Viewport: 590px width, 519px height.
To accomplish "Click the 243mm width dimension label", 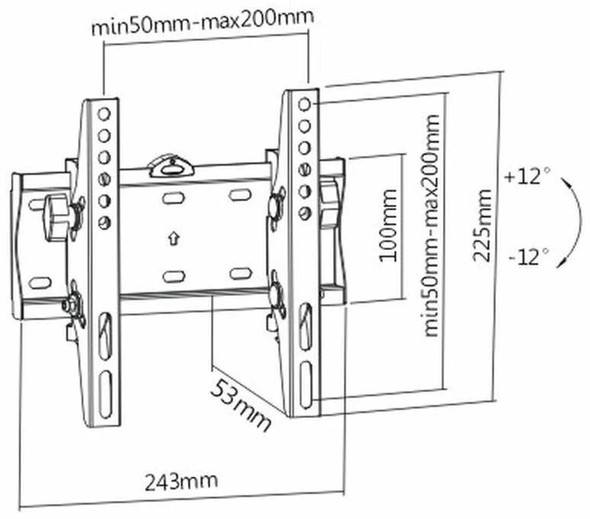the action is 181,482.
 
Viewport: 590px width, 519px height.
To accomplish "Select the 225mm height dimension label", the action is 482,226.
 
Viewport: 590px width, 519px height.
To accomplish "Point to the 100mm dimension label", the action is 388,226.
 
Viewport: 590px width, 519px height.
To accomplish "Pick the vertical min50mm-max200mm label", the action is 431,226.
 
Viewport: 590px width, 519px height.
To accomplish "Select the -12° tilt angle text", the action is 529,256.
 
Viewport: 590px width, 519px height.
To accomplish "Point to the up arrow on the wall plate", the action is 173,238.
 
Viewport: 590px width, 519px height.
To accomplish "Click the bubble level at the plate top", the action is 172,166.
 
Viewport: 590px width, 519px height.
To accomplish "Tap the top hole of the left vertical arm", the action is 104,114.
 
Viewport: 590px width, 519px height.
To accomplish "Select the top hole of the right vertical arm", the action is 305,105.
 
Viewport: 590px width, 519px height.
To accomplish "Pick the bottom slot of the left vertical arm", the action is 106,394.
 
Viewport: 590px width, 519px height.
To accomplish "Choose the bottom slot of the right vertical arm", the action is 306,385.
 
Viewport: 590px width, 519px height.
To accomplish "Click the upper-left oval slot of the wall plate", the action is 173,198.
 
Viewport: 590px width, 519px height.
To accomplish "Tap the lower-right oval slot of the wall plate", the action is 241,273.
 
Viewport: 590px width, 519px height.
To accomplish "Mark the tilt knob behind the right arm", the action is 330,203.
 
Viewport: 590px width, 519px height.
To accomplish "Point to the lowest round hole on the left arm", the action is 105,222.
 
